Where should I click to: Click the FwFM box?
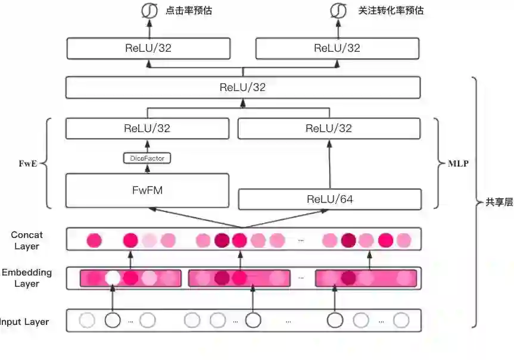147,190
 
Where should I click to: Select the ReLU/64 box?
329,199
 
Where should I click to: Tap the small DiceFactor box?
147,158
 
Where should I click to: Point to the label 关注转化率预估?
391,11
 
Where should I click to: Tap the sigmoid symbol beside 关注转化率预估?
338,11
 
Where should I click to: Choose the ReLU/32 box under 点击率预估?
148,48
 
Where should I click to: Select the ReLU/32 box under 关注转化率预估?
337,48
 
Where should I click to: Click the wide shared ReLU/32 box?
242,87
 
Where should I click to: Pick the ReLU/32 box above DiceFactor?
147,128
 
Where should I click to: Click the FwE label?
27,163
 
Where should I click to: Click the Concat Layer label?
27,240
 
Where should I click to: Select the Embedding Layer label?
27,278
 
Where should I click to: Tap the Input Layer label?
25,322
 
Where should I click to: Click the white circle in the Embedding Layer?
113,278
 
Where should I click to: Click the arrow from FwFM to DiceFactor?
147,168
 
